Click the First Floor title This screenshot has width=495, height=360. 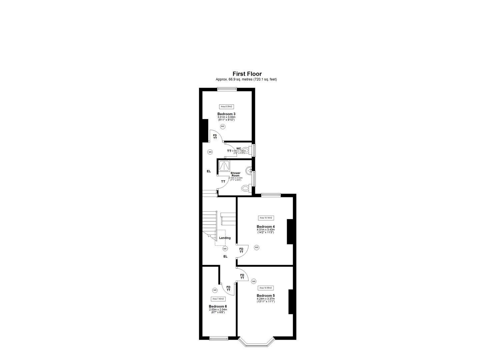tap(247, 74)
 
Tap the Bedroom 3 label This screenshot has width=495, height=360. tap(226, 114)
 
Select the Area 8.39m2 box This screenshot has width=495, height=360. tap(226, 107)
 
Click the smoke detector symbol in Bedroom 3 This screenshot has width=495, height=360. tap(223, 127)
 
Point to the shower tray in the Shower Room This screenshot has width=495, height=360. tap(224, 166)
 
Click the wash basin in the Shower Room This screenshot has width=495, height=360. tap(249, 171)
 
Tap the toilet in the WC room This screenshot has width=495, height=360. tap(246, 150)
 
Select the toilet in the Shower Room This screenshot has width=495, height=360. tap(246, 189)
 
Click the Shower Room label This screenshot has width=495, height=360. tap(235, 174)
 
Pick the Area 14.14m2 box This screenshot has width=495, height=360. tap(266, 218)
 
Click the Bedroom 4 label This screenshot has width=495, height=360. tap(266, 227)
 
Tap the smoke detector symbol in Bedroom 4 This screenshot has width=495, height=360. tap(256, 247)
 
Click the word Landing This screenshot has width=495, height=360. tap(225, 238)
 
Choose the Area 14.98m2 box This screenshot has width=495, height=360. tap(266, 288)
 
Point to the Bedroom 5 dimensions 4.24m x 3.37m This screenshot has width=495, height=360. tap(266, 299)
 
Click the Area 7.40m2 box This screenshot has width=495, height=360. tap(218, 299)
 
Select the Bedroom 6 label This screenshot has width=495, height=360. tap(218, 306)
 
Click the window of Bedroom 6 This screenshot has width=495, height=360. tap(219, 339)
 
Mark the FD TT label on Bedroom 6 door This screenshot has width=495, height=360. tap(228, 288)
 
